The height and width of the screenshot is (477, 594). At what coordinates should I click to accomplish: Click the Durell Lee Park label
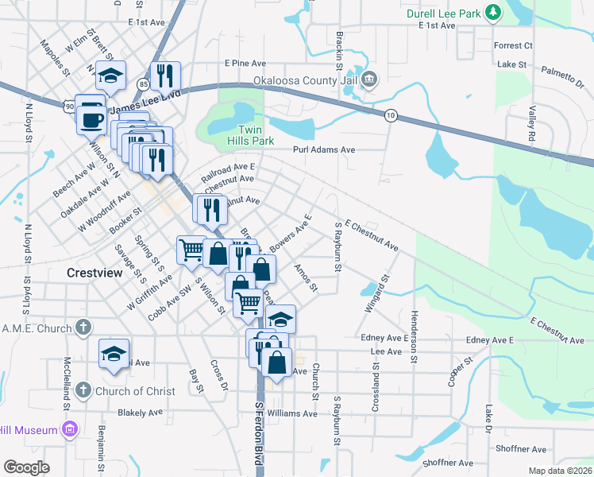point(441,14)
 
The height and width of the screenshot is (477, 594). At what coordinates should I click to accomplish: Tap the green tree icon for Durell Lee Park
point(493,13)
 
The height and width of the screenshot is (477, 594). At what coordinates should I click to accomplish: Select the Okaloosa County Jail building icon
point(370,80)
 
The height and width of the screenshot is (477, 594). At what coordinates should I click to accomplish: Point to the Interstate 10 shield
point(390,115)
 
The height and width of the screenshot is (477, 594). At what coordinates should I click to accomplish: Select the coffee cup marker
point(91,118)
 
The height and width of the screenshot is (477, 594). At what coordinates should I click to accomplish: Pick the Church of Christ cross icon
point(84,390)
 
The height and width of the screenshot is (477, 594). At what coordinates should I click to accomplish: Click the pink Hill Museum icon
point(71,430)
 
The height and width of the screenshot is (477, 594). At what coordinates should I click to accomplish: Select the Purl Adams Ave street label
point(323,149)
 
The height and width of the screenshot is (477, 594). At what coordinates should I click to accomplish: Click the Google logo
point(26,467)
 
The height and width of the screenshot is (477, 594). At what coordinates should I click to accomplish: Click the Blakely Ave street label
point(139,413)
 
